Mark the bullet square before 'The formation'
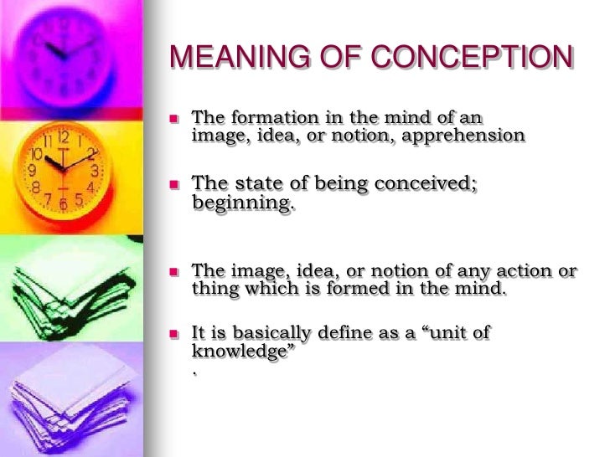pyautogui.click(x=174, y=118)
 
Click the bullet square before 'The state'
pyautogui.click(x=174, y=183)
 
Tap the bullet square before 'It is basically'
pyautogui.click(x=174, y=333)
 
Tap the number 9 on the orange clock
pyautogui.click(x=33, y=168)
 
